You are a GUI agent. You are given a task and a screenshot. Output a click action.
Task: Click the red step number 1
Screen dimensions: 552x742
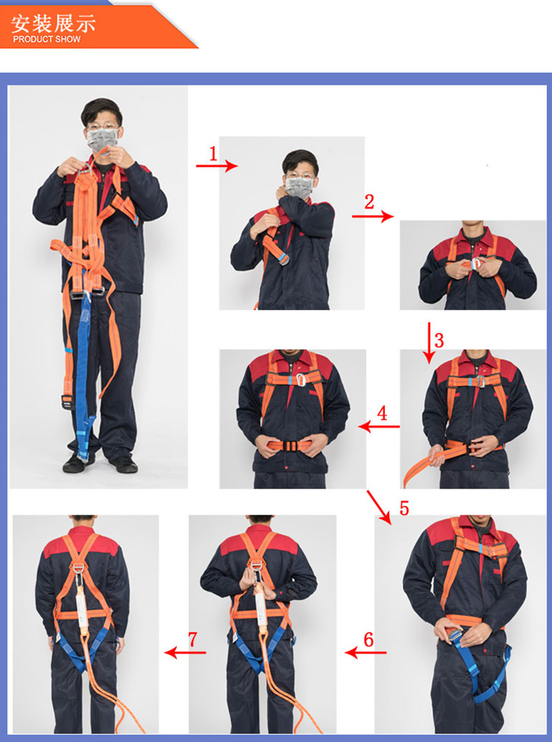213,154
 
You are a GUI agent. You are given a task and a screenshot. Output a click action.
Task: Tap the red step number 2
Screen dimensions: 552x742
369,202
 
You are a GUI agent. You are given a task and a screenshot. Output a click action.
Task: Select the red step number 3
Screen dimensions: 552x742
439,340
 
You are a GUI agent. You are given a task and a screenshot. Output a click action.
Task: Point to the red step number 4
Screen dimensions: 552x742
382,413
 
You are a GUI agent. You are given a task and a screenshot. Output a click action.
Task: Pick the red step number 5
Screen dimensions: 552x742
404,508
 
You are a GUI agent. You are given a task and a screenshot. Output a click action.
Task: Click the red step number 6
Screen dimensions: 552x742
369,639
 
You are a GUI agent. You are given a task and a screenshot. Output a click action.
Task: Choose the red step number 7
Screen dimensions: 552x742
192,639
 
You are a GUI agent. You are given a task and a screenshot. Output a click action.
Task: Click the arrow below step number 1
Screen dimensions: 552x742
217,165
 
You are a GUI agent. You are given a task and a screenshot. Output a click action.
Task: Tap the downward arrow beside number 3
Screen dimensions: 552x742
429,343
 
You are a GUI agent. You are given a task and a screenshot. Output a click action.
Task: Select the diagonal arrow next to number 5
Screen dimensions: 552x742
379,507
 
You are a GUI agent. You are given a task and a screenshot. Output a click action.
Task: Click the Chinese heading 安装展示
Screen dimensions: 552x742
53,23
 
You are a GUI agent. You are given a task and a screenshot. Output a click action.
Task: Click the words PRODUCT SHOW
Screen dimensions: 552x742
47,39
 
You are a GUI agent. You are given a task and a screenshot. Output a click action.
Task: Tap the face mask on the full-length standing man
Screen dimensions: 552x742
101,140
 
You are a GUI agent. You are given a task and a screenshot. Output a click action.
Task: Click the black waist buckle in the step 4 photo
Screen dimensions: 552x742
289,446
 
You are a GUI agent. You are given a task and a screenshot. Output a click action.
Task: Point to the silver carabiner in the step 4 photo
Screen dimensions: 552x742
300,380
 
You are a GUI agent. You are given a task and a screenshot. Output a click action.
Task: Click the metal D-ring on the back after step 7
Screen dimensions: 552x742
78,567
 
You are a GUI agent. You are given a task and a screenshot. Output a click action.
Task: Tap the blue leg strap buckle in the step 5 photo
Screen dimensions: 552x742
456,635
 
